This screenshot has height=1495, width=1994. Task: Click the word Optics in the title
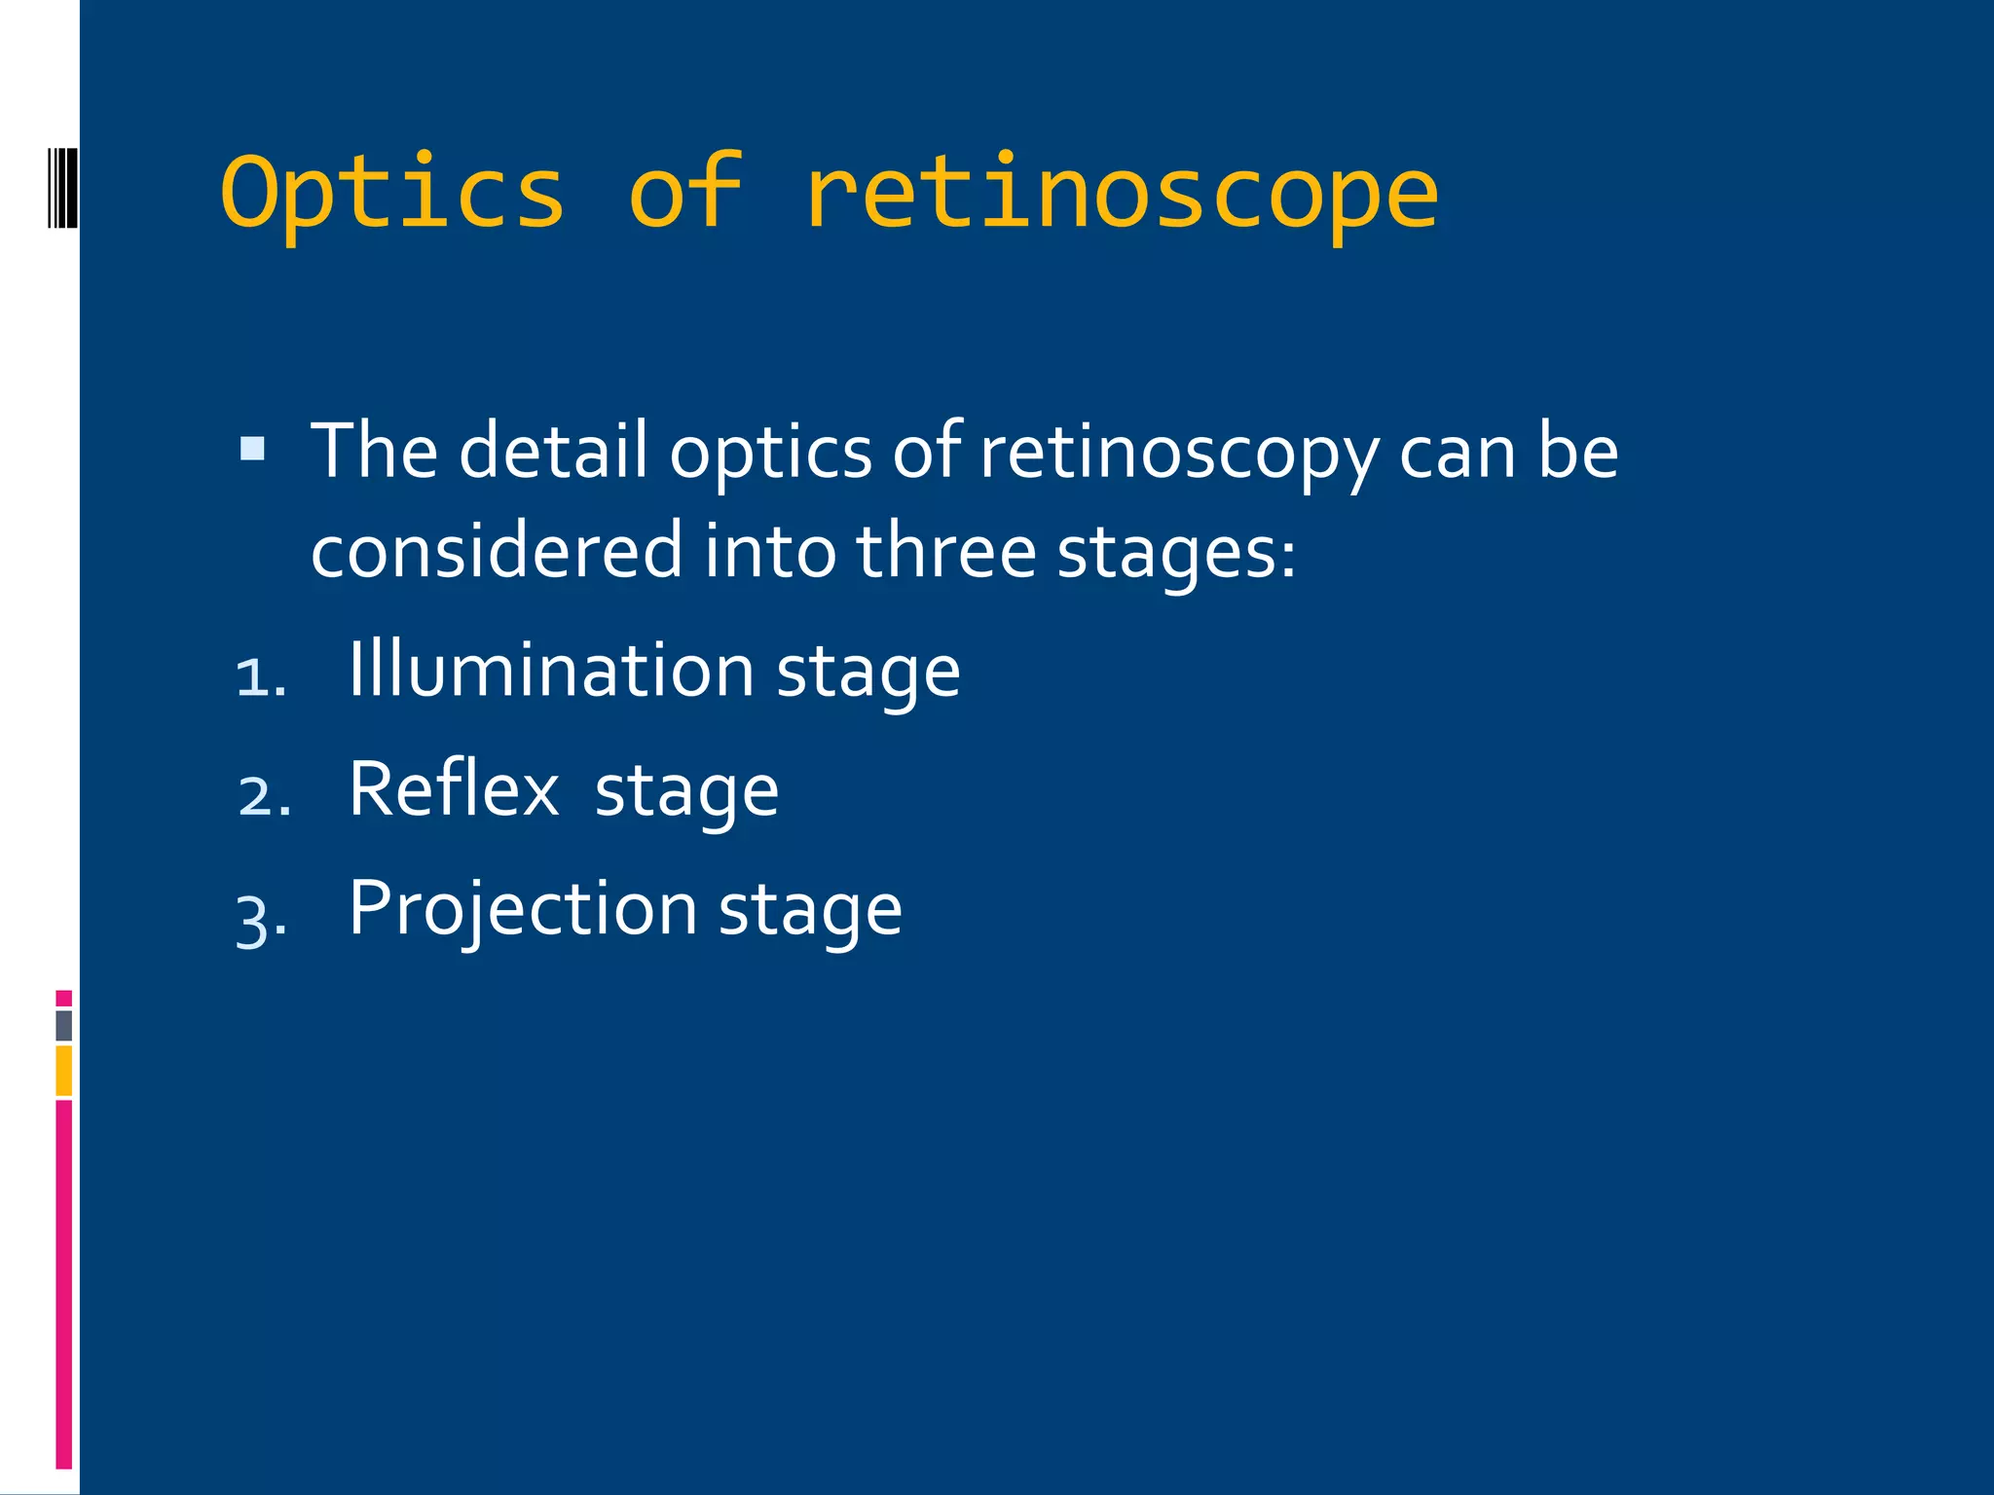(x=392, y=193)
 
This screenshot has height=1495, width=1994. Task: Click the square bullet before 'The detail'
(x=252, y=449)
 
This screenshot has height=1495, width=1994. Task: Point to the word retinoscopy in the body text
(x=1179, y=454)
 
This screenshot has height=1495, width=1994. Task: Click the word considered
(x=497, y=551)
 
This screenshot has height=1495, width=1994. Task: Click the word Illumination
(x=551, y=671)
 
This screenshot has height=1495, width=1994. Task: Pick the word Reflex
(x=454, y=789)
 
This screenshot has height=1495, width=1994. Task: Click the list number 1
(x=260, y=677)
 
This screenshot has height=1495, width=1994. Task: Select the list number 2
(x=263, y=796)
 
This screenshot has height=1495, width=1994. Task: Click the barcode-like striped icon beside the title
(x=62, y=187)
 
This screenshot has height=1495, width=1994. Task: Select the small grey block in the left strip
(x=64, y=1026)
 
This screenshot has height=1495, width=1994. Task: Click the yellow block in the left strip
(x=64, y=1071)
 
